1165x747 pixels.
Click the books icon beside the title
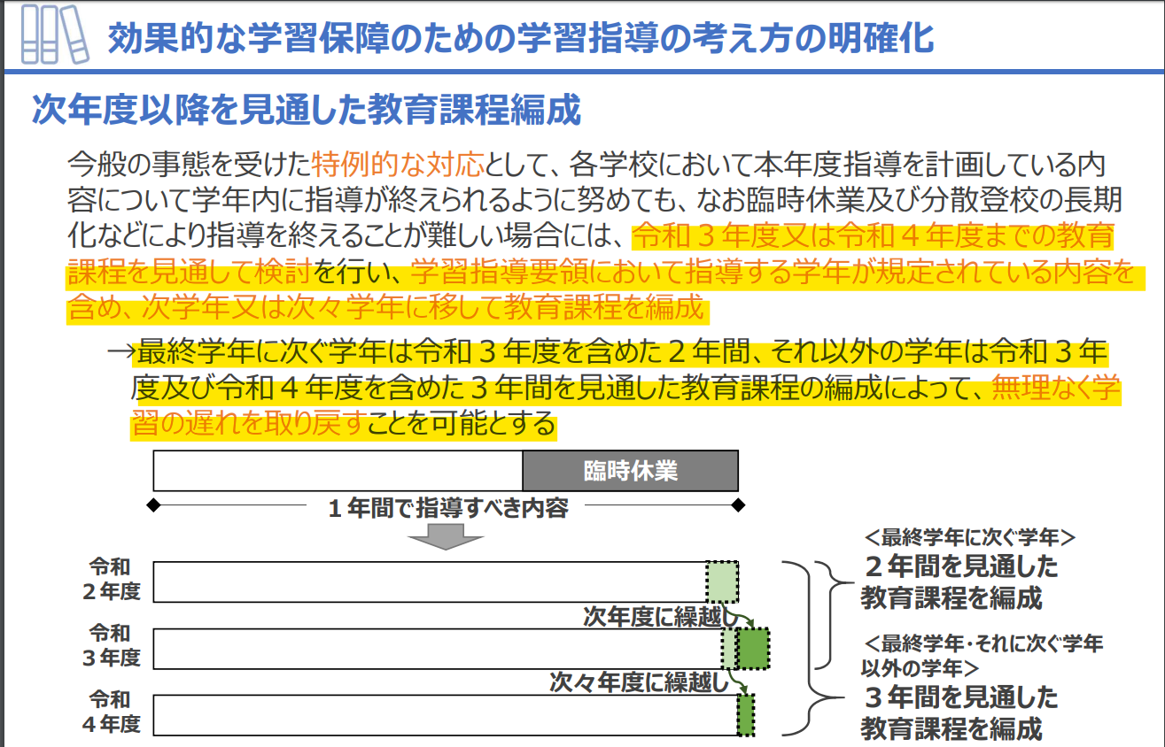click(x=55, y=35)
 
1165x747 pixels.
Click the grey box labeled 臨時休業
click(x=631, y=471)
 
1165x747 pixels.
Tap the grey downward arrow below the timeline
click(x=446, y=536)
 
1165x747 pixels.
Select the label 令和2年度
click(x=111, y=579)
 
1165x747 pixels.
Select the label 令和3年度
click(x=111, y=645)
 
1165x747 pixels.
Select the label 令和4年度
click(x=111, y=712)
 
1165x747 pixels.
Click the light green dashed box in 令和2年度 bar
click(x=722, y=581)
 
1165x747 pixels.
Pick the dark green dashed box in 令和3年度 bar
click(x=754, y=648)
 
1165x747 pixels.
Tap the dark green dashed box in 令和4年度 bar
click(x=746, y=715)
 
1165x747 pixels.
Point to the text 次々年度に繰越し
click(x=639, y=682)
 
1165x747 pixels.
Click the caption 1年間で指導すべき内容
click(x=448, y=507)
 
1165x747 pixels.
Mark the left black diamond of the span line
click(x=153, y=504)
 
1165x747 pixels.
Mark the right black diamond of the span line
click(x=738, y=504)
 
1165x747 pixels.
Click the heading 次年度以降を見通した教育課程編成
click(x=307, y=110)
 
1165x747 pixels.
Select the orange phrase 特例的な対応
click(x=398, y=164)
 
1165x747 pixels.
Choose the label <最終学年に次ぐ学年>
click(x=969, y=537)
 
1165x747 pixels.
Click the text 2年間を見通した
click(x=961, y=566)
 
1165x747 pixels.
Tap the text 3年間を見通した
click(x=961, y=697)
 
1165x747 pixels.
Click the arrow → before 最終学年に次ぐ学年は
click(x=121, y=351)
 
